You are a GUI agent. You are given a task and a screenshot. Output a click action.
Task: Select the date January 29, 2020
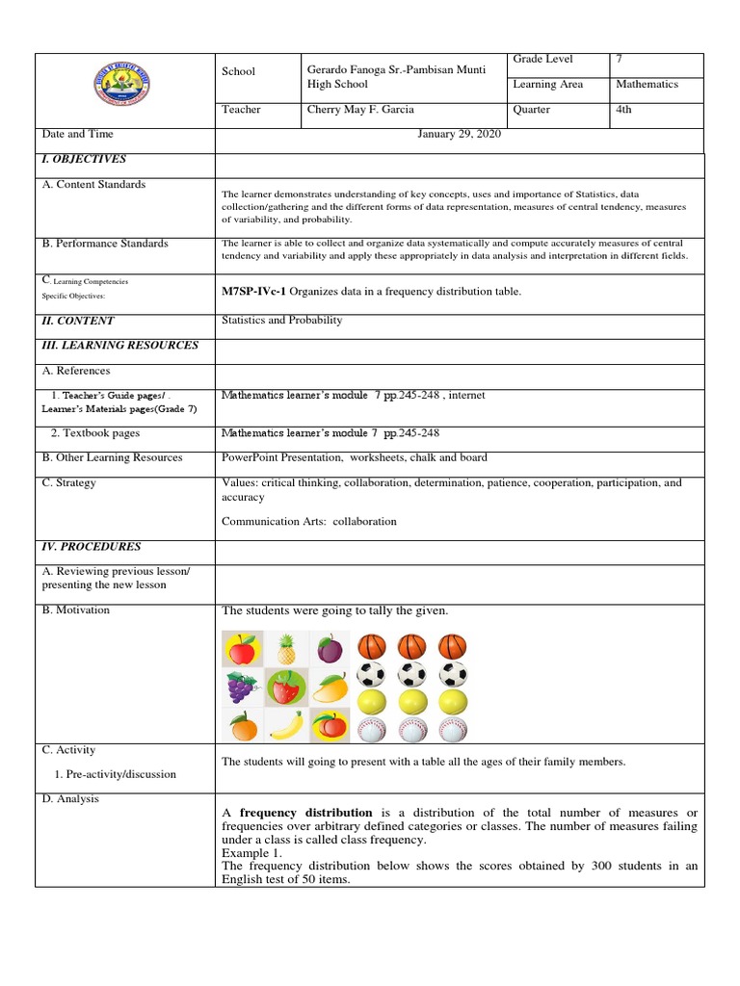(x=459, y=135)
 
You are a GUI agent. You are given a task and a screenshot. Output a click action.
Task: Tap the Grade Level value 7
(x=620, y=60)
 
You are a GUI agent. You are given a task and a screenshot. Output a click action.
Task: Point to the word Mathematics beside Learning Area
(x=647, y=85)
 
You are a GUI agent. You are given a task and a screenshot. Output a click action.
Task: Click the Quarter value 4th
(x=623, y=110)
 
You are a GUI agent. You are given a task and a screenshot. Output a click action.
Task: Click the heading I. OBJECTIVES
(x=84, y=160)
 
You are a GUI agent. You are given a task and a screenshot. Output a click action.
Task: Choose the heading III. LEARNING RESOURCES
(x=119, y=346)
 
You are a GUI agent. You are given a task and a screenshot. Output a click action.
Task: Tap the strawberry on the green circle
(x=286, y=688)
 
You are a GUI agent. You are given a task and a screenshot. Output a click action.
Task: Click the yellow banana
(x=286, y=726)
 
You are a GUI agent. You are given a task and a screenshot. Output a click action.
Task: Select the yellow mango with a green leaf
(x=330, y=688)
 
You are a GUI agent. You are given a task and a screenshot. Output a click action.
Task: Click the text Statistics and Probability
(x=281, y=321)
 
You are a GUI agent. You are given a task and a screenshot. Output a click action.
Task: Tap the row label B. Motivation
(x=75, y=610)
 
